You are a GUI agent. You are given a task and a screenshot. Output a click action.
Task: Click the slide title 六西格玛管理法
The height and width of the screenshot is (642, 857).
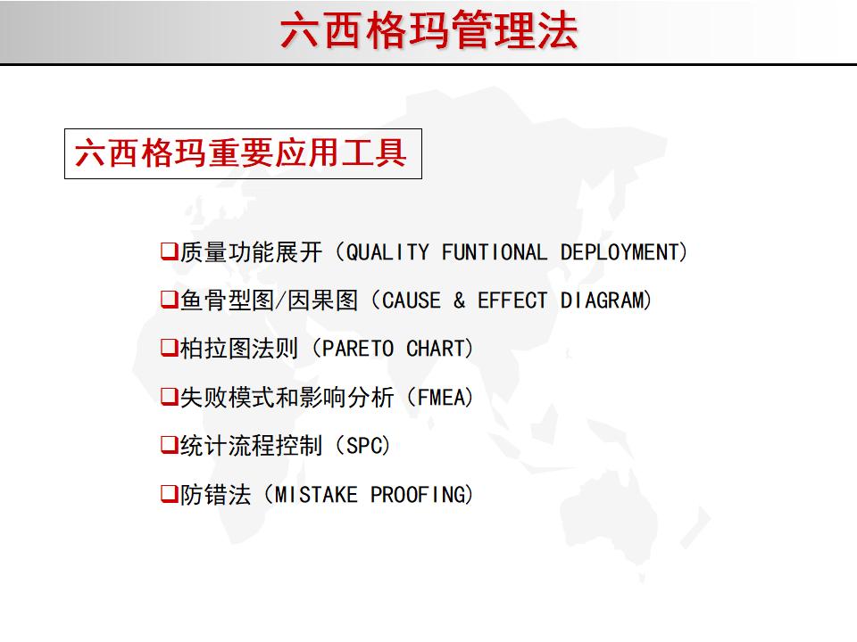tap(428, 31)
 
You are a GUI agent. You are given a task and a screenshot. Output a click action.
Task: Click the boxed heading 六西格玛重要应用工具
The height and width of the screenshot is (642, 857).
tap(242, 153)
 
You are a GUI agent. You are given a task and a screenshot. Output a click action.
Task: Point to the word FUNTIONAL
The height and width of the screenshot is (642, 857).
tap(495, 252)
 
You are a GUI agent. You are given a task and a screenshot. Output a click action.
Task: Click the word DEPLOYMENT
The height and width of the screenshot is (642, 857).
tap(620, 252)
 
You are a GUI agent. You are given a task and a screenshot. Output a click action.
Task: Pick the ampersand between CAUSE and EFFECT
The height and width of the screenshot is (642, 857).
tap(459, 300)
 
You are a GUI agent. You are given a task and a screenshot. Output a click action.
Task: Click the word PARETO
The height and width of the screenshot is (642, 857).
tap(358, 349)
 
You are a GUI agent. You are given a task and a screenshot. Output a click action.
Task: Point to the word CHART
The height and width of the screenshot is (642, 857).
tap(436, 349)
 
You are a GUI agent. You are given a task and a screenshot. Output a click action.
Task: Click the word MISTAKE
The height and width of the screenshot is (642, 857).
tap(316, 494)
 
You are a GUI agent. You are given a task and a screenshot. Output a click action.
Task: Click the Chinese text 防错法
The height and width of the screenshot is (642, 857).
tap(215, 494)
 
